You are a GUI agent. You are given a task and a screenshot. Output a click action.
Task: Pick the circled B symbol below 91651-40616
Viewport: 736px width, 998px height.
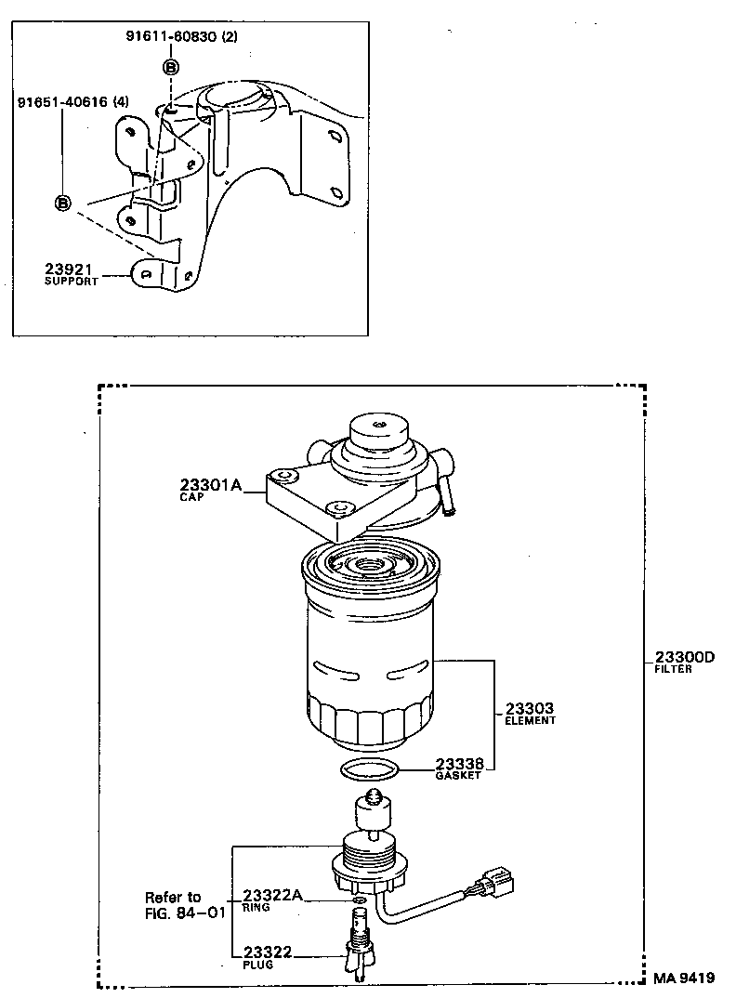click(63, 204)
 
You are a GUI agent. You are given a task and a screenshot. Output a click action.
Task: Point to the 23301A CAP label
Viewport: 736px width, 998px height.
click(210, 489)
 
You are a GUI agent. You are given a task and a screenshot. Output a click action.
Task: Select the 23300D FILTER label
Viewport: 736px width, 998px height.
click(684, 663)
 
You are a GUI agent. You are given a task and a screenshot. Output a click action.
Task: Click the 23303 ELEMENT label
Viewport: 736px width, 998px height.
click(530, 713)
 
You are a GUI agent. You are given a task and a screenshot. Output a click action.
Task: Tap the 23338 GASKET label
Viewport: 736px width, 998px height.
click(459, 768)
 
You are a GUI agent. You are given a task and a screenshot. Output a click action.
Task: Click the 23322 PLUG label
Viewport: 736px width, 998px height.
click(269, 956)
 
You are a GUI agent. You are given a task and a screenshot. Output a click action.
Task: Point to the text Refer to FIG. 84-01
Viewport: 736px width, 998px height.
click(185, 905)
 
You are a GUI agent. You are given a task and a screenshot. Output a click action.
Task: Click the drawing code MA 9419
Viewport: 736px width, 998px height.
click(683, 978)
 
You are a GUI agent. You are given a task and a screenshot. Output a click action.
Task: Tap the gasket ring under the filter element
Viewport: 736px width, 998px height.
click(370, 769)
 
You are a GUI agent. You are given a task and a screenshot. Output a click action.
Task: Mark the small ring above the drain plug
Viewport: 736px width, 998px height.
click(359, 900)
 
